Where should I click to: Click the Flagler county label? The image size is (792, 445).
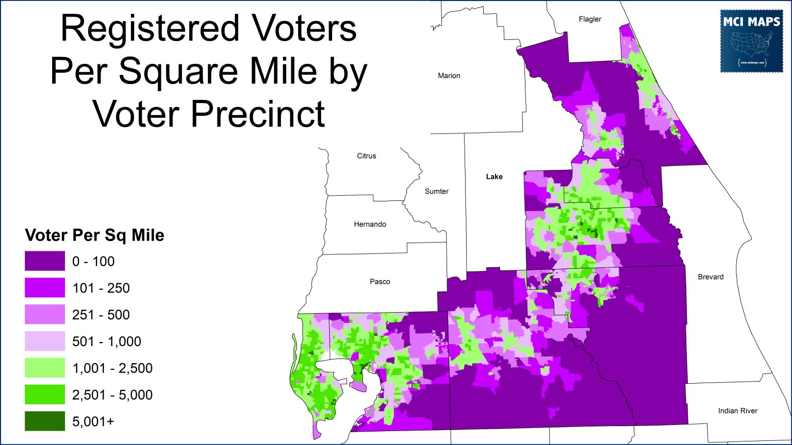tap(590, 19)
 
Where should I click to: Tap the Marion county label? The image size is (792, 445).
tap(449, 76)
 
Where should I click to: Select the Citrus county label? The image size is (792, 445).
tap(367, 156)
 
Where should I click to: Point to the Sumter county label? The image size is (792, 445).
tap(437, 192)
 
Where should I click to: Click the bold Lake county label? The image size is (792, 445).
tap(494, 177)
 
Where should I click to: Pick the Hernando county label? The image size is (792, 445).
tap(370, 225)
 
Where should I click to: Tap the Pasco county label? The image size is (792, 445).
tap(380, 282)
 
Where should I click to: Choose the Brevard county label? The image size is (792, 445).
tap(711, 277)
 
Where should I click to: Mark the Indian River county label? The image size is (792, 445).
tap(738, 411)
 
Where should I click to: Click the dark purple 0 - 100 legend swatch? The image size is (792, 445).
tap(45, 261)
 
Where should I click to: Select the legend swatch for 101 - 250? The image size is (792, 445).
tap(45, 288)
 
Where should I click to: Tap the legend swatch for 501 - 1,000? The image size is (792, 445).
tap(45, 341)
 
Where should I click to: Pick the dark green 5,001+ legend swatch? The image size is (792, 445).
tap(45, 421)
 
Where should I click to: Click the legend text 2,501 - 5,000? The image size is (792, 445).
tap(112, 395)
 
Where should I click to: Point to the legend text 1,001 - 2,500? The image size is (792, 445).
tap(112, 368)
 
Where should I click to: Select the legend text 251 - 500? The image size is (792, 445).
tap(101, 315)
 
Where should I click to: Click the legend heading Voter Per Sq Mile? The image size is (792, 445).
tap(95, 235)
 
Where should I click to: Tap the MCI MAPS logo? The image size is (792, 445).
tap(751, 41)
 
